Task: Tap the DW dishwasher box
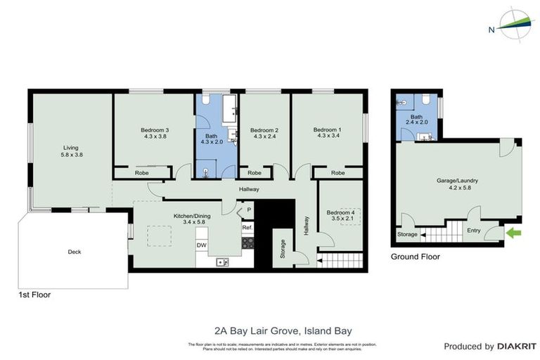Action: (202, 245)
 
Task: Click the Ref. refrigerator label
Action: (247, 228)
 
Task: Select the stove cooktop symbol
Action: (247, 243)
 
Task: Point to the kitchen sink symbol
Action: (222, 262)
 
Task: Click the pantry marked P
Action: (248, 209)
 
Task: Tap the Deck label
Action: (75, 251)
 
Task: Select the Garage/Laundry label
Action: (457, 184)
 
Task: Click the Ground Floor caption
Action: (415, 257)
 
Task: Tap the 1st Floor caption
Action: (35, 295)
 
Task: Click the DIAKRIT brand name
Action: (517, 347)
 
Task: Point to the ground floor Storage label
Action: (407, 234)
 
